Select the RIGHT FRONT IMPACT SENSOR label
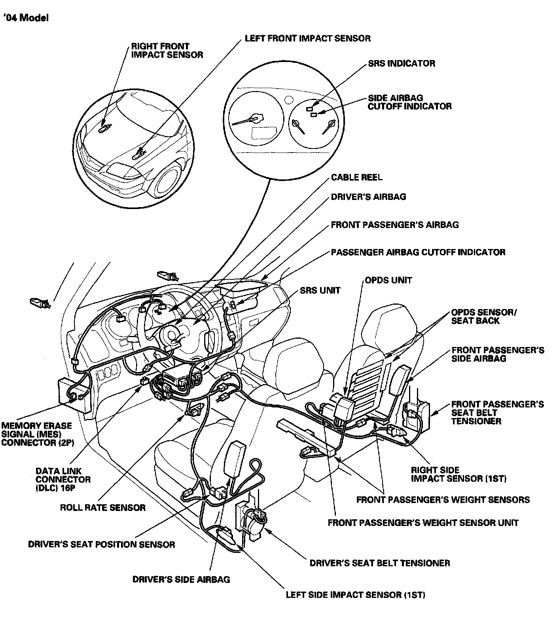click(167, 51)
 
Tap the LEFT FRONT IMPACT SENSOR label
click(307, 38)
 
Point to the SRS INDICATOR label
click(401, 63)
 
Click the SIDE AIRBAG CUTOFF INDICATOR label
click(409, 102)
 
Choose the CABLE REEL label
click(356, 177)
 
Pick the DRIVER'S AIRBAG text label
click(368, 196)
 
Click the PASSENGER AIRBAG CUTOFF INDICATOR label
click(418, 252)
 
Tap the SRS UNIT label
click(320, 290)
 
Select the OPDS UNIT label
click(388, 280)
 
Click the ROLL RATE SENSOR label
click(102, 507)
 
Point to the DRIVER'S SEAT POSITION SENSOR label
click(101, 544)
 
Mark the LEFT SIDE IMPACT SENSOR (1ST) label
click(355, 595)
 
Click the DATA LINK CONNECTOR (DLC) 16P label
click(63, 479)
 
